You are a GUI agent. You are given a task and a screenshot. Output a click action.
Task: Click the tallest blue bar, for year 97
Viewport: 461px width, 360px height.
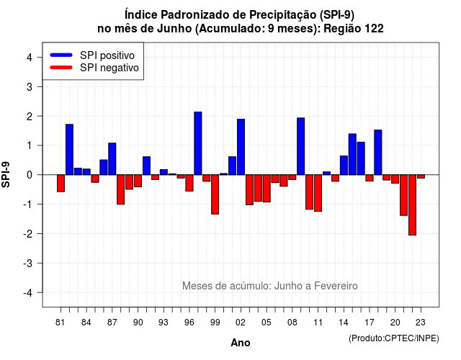pyautogui.click(x=198, y=143)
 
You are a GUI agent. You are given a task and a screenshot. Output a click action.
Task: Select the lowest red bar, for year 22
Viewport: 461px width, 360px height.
pyautogui.click(x=412, y=204)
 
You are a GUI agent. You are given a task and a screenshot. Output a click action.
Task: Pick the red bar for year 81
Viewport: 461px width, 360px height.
pyautogui.click(x=61, y=183)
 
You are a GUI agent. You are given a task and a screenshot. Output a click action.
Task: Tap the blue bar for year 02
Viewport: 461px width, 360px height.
pyautogui.click(x=241, y=147)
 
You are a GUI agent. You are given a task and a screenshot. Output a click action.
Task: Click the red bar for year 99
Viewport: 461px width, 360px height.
pyautogui.click(x=215, y=194)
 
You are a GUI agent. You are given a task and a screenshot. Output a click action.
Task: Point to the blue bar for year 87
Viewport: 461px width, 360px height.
pyautogui.click(x=112, y=159)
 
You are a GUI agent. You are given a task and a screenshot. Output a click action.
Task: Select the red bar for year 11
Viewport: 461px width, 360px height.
pyautogui.click(x=318, y=193)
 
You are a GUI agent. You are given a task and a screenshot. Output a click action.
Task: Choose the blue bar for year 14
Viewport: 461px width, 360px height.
pyautogui.click(x=344, y=165)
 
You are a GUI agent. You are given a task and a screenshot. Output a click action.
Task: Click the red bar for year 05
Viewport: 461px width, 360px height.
pyautogui.click(x=267, y=189)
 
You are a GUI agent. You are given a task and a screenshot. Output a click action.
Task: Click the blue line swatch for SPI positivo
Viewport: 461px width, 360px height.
pyautogui.click(x=61, y=55)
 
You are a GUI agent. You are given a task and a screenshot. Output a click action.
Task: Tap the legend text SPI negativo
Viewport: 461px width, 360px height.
pyautogui.click(x=109, y=68)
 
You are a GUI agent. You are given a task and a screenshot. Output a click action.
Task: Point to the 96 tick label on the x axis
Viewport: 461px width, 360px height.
pyautogui.click(x=189, y=323)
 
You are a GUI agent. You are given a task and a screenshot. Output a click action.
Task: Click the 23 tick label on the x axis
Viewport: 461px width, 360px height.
pyautogui.click(x=421, y=323)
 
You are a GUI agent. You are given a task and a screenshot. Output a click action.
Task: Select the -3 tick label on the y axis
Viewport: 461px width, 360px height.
pyautogui.click(x=29, y=264)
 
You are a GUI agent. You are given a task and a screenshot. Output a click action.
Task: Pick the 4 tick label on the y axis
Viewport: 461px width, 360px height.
pyautogui.click(x=30, y=58)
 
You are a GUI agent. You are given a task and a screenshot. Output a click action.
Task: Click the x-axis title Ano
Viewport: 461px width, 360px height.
pyautogui.click(x=241, y=343)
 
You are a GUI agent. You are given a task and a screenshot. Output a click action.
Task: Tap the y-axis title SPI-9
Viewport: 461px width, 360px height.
pyautogui.click(x=6, y=174)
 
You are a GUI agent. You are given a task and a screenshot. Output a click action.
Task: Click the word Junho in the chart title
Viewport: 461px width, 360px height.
pyautogui.click(x=174, y=29)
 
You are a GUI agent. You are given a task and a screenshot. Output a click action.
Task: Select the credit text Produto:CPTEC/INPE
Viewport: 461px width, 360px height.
pyautogui.click(x=394, y=338)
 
